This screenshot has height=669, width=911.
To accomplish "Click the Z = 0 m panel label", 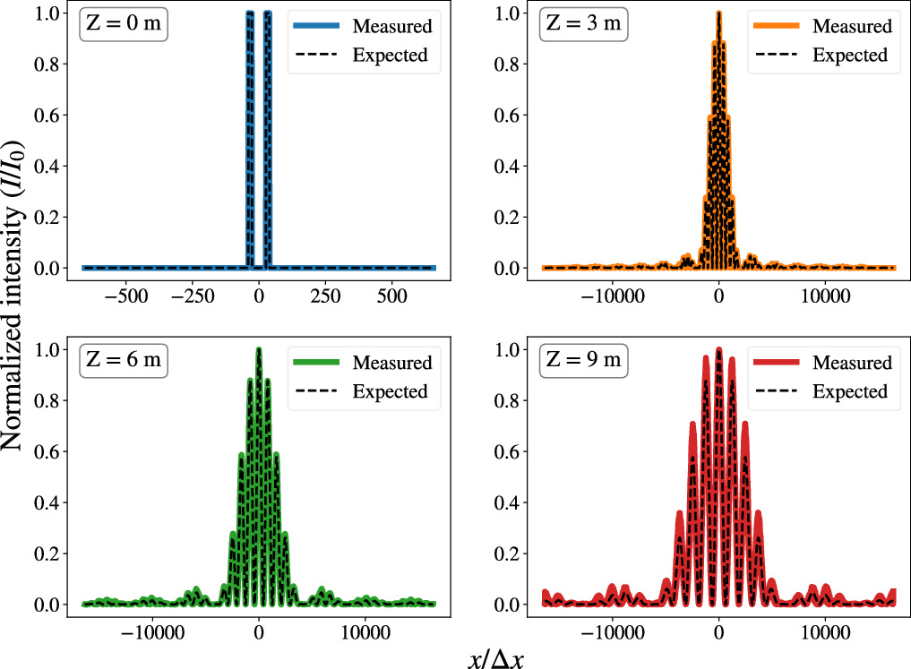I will (x=124, y=25).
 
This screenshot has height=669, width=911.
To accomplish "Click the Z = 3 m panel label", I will (x=583, y=25).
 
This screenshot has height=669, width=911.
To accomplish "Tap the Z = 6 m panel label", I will (x=124, y=362).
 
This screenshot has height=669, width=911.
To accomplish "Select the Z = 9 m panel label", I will (x=583, y=362).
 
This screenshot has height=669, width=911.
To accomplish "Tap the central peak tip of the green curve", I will (x=259, y=349).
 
